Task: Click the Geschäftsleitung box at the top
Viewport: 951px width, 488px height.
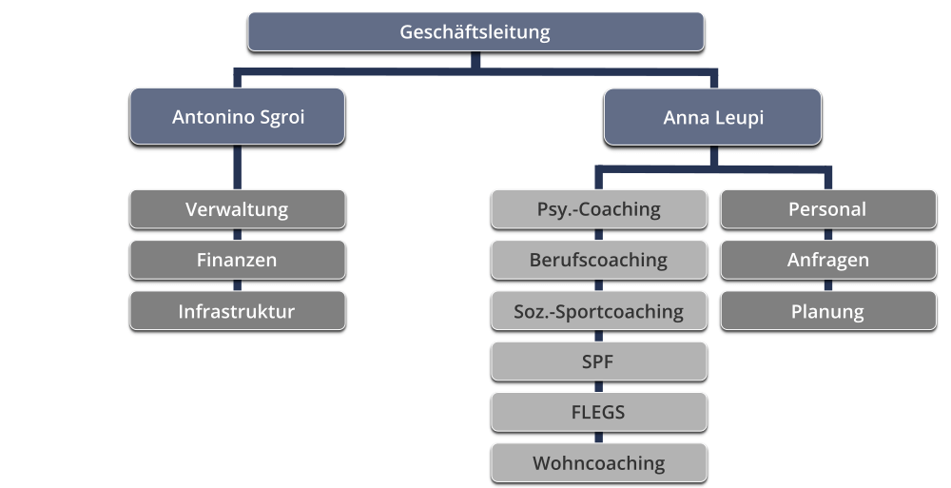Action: [x=475, y=31]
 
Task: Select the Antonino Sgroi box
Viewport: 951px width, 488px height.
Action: [x=237, y=117]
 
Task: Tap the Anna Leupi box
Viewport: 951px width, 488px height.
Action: [x=712, y=117]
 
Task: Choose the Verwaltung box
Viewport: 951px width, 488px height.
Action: [x=237, y=209]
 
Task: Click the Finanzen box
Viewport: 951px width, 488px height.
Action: [x=237, y=260]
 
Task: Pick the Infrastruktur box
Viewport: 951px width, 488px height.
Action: [x=237, y=311]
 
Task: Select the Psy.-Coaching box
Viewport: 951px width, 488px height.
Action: [x=599, y=209]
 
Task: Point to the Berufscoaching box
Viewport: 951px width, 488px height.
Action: [x=599, y=260]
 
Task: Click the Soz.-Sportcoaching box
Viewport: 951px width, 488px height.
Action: [x=599, y=311]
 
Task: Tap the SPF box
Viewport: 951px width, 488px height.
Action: [x=599, y=361]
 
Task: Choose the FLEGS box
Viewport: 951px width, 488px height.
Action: [x=599, y=412]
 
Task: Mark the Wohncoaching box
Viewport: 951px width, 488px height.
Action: [x=599, y=463]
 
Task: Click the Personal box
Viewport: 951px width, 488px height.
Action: [x=827, y=209]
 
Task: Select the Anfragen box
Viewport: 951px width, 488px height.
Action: [x=827, y=260]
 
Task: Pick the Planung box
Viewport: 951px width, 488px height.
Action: [x=827, y=311]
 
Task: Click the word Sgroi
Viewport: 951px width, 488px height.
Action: [x=281, y=118]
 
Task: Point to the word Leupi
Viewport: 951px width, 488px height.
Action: [x=740, y=118]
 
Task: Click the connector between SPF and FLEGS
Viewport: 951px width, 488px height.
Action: [x=599, y=387]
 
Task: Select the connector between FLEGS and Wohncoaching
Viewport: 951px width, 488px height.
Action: [x=599, y=438]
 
